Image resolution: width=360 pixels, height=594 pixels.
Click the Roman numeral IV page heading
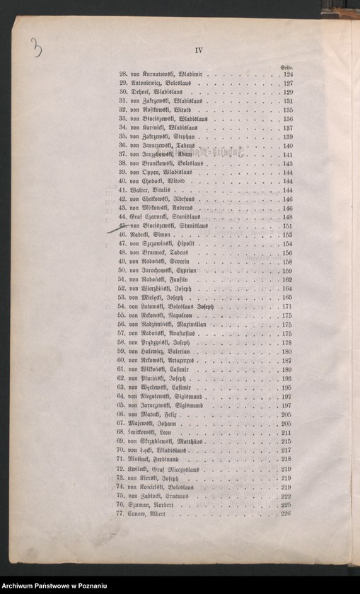(x=199, y=49)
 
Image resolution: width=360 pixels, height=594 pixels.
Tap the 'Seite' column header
(x=286, y=67)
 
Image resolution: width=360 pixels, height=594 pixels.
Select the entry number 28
(x=123, y=74)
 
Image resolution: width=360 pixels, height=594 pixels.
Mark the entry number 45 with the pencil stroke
(x=122, y=226)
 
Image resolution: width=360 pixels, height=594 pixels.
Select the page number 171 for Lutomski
(x=287, y=306)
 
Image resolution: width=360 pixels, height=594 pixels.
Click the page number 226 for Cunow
(x=286, y=513)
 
